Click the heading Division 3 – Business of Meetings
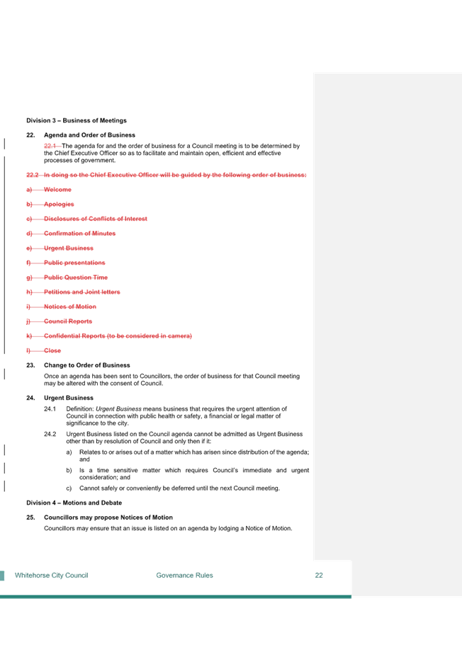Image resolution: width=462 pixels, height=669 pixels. tap(77, 120)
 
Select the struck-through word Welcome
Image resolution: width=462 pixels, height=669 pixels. tap(57, 190)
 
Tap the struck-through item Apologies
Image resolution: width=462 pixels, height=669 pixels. tap(59, 204)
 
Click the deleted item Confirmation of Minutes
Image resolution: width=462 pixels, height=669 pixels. tap(80, 234)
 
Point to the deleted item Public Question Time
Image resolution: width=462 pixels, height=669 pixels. tap(76, 278)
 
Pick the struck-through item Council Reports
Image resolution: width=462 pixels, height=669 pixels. tap(68, 321)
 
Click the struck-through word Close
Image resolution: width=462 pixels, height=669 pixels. tap(52, 350)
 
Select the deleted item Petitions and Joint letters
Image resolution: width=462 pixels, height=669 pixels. tap(82, 292)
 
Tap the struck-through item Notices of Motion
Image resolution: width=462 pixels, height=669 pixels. tap(70, 307)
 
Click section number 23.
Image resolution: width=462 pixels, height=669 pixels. tap(30, 365)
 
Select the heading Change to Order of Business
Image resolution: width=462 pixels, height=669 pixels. tap(87, 365)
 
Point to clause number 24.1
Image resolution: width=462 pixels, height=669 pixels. tap(50, 408)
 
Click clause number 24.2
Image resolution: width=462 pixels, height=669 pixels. tap(50, 434)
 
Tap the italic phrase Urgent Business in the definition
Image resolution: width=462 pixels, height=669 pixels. tap(118, 408)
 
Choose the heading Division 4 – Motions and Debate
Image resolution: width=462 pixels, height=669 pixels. tap(74, 503)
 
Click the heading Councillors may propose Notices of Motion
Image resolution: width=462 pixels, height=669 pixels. tap(108, 517)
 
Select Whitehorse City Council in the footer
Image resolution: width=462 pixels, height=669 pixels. tap(52, 575)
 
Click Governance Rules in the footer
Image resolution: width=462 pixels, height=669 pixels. tap(184, 575)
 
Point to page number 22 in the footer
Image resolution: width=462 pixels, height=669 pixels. tap(319, 575)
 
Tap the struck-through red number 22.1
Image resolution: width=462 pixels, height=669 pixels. tap(50, 146)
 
